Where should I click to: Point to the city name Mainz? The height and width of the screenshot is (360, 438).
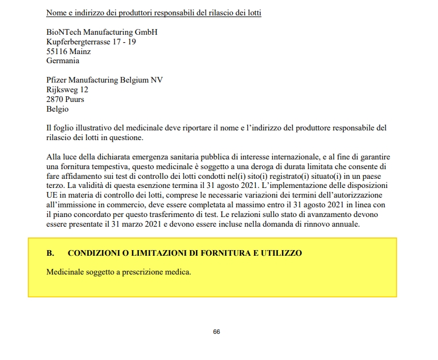(81, 51)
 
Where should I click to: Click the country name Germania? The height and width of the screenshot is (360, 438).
(63, 60)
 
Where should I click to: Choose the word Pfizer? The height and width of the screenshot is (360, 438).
(57, 80)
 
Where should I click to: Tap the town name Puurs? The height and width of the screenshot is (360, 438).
(75, 99)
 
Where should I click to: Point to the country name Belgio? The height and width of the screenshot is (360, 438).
(57, 109)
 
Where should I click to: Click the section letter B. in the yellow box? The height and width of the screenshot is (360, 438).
(50, 253)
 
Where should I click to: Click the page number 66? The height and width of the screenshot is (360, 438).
(216, 332)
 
